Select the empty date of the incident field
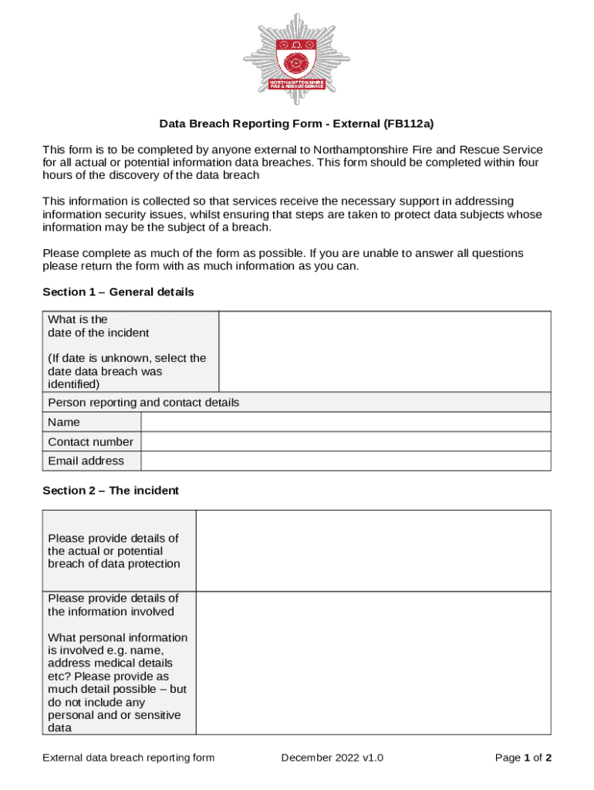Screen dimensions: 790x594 point(384,352)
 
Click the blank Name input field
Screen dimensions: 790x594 point(345,422)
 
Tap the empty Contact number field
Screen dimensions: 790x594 point(345,441)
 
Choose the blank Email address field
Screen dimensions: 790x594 point(345,461)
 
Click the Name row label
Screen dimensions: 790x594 point(64,422)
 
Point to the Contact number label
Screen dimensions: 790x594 point(90,442)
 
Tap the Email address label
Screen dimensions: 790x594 point(86,461)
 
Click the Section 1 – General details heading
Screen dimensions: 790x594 point(118,292)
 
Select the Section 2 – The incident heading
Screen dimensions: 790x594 point(110,490)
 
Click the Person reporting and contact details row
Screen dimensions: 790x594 point(143,402)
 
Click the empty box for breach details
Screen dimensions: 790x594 point(373,550)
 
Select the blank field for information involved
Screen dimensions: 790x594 point(373,663)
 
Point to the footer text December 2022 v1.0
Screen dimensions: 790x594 point(332,758)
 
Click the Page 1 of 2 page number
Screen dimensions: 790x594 point(522,758)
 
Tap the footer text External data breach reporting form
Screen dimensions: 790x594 point(128,758)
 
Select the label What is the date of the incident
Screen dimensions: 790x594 point(98,326)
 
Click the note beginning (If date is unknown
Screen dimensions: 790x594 point(127,370)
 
